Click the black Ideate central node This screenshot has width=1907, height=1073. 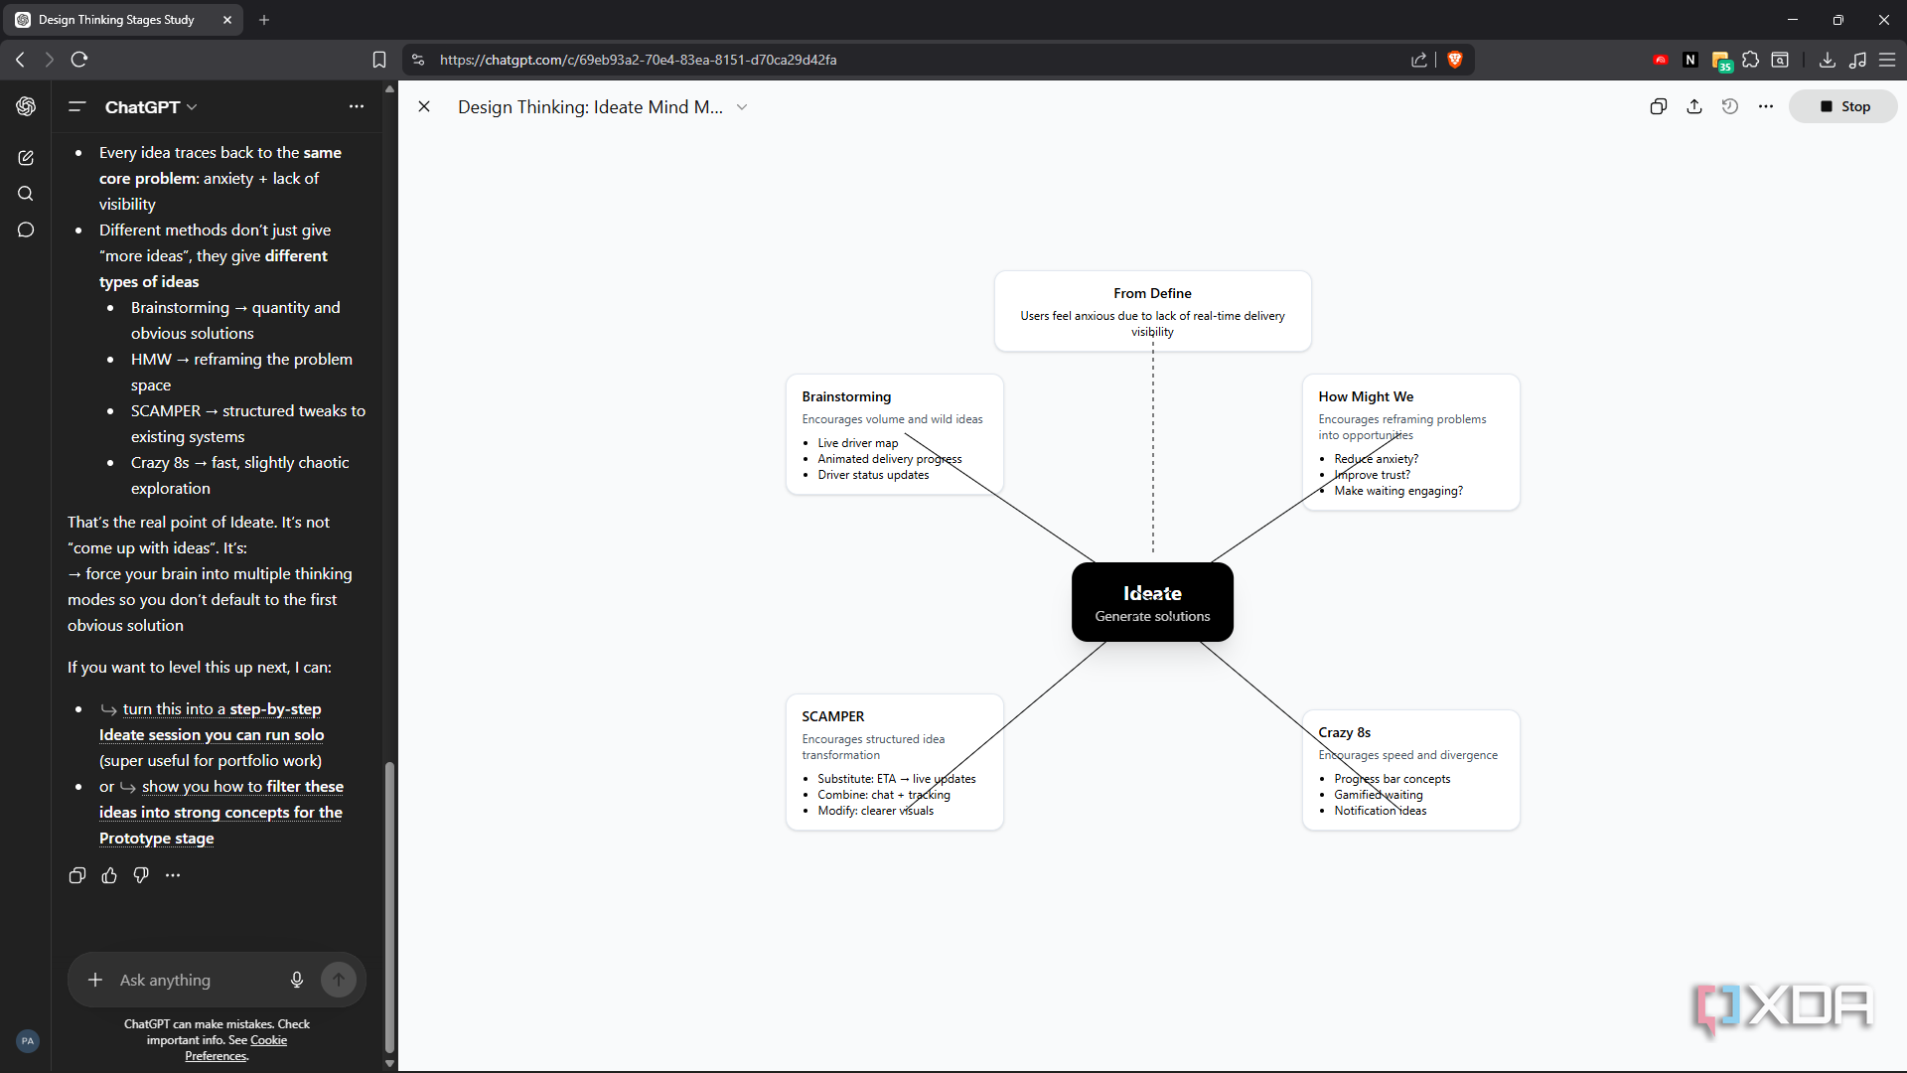tap(1152, 602)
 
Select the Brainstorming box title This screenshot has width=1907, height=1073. tap(846, 396)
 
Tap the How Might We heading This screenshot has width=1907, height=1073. tap(1366, 396)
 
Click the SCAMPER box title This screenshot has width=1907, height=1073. tap(832, 716)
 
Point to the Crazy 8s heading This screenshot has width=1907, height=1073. tap(1344, 732)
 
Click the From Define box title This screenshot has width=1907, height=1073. tap(1152, 293)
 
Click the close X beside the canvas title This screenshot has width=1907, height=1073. tap(424, 106)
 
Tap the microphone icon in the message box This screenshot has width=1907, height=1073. tap(297, 980)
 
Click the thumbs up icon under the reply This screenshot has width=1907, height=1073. tap(109, 875)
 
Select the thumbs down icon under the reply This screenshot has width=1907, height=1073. tap(141, 875)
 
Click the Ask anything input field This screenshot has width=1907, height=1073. tap(194, 980)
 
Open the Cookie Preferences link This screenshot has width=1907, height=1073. tap(235, 1048)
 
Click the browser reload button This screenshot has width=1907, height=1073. tap(79, 60)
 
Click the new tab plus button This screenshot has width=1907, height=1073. tap(264, 20)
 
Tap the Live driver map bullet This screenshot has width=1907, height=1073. tap(857, 443)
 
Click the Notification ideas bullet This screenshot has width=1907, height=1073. tap(1380, 811)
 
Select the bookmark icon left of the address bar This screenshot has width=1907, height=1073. tap(379, 60)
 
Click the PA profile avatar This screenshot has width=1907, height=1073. tap(28, 1041)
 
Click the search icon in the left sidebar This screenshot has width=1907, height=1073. tap(26, 194)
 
